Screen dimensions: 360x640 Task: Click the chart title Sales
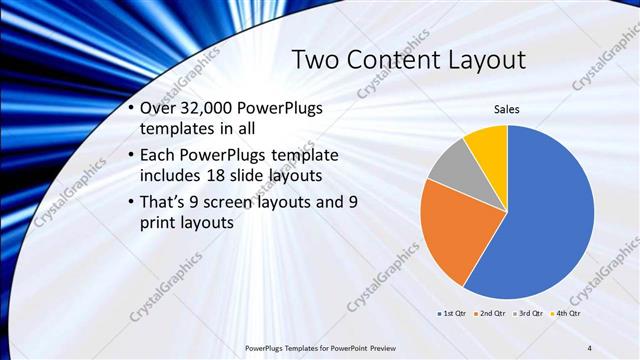507,109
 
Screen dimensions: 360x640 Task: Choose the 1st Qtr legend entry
451,314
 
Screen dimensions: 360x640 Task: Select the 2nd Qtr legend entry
491,314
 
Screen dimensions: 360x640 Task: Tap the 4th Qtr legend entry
567,314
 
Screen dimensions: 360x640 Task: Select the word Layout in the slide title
482,61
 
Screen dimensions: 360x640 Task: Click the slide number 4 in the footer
590,347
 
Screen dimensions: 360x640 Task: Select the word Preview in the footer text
374,347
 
